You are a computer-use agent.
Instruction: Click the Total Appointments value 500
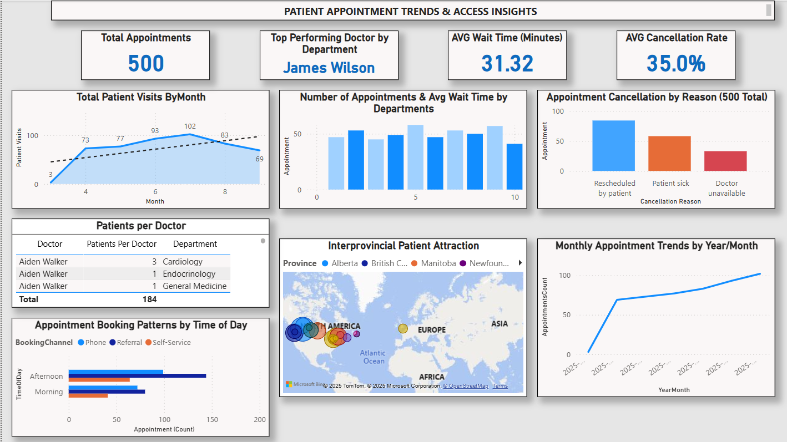coord(146,63)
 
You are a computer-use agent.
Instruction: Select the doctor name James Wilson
coord(329,68)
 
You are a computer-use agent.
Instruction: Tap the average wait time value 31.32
coord(507,63)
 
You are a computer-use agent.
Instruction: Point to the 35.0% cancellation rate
coord(675,63)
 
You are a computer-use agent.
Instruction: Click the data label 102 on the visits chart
coord(190,126)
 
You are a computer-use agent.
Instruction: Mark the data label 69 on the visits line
coord(259,159)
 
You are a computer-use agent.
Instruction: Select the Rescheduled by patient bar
coord(613,145)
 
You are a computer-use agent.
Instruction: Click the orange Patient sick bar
coord(669,153)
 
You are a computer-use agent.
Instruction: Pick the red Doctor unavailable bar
coord(725,161)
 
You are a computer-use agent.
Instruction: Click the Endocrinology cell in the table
coord(189,274)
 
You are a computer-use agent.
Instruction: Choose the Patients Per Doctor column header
coord(122,244)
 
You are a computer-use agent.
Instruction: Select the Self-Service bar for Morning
coord(88,395)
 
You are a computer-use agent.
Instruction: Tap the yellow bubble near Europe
coord(403,328)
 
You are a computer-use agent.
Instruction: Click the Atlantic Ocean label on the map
coord(373,357)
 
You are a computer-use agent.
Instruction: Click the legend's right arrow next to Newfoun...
coord(520,263)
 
